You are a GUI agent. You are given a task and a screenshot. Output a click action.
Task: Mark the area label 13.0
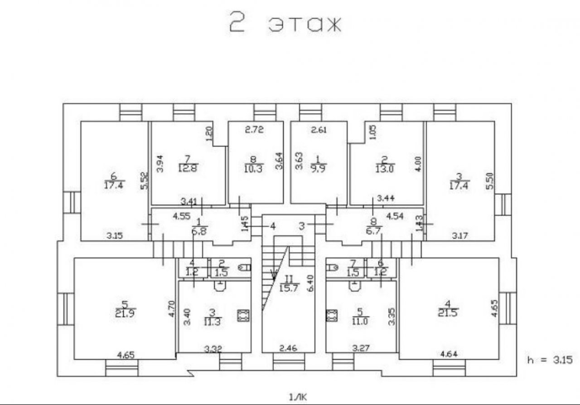384,168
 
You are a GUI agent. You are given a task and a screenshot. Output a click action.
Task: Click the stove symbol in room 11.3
243,315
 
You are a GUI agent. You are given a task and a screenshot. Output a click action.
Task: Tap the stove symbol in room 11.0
332,315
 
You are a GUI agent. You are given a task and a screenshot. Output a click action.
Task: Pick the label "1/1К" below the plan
297,397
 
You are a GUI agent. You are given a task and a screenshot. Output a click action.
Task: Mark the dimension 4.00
417,163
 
